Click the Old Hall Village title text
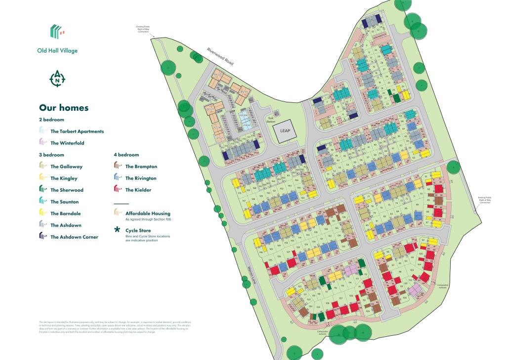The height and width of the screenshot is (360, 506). (x=57, y=50)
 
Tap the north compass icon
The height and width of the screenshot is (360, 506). (x=58, y=79)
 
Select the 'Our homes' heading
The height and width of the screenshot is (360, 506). (x=64, y=107)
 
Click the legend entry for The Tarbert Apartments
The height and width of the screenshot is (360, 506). (x=77, y=131)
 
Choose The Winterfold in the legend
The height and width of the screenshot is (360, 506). (x=67, y=143)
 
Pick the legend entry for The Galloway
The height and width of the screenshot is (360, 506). (x=66, y=167)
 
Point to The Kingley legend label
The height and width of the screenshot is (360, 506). (x=64, y=179)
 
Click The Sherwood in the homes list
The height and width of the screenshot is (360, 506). (x=67, y=190)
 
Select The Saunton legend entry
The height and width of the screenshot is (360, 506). (x=65, y=202)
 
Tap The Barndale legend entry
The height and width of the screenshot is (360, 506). (x=65, y=214)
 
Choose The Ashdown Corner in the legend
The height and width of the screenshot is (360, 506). (x=74, y=237)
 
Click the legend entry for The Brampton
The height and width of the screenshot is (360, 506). (x=141, y=167)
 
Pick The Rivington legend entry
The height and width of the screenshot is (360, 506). (x=141, y=179)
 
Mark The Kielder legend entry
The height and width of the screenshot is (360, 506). (x=138, y=190)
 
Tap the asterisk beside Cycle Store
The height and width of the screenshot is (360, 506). (x=117, y=231)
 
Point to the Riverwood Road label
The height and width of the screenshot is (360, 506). (x=220, y=57)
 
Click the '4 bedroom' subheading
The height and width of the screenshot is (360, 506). (x=126, y=155)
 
